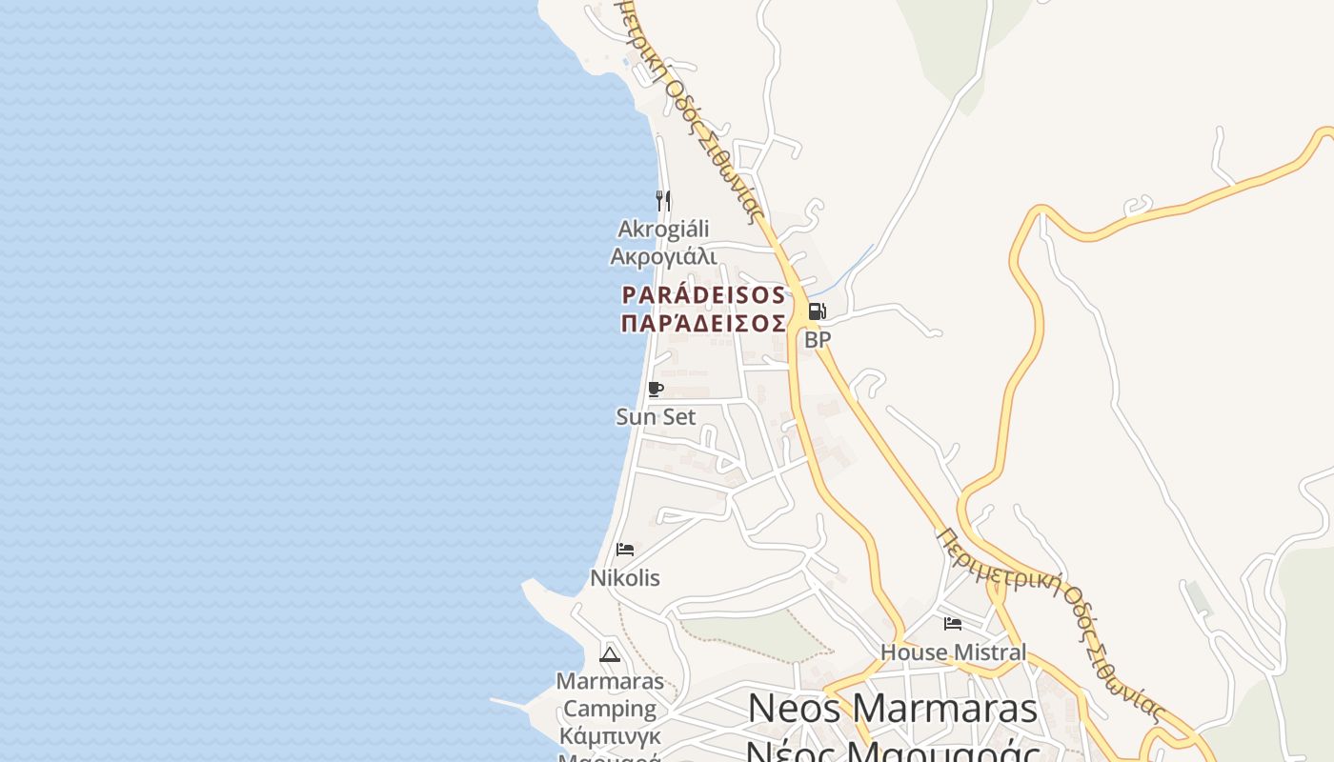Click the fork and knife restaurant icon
click(663, 200)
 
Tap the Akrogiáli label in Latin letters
click(663, 229)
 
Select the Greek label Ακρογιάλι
click(663, 256)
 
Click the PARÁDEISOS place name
click(703, 295)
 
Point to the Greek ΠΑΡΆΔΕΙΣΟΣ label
click(703, 324)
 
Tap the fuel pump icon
click(817, 311)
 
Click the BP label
click(818, 339)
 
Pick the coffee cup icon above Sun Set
click(655, 389)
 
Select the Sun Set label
click(656, 416)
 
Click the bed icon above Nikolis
click(625, 550)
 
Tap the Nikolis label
click(625, 578)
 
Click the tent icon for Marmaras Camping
click(610, 653)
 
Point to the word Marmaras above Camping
click(610, 681)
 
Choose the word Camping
click(610, 709)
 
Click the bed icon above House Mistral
click(953, 624)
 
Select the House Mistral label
click(953, 652)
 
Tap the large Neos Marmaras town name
click(893, 709)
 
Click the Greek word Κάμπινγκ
click(610, 736)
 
